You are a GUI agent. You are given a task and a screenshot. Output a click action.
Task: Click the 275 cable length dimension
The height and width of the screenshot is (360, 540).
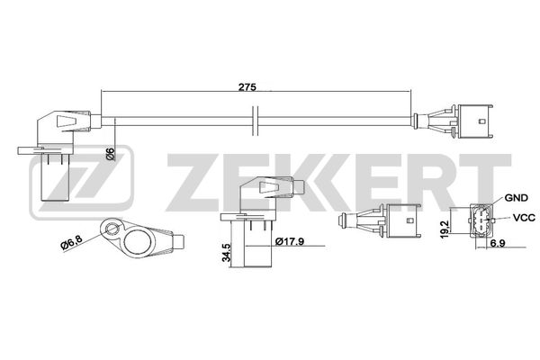(x=247, y=87)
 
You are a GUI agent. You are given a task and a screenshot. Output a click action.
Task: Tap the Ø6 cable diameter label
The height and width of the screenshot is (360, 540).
(x=110, y=153)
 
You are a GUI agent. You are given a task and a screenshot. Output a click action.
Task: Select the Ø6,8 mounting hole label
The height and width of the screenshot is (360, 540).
(x=72, y=244)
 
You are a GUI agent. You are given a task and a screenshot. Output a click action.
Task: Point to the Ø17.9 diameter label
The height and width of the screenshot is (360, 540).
(x=290, y=241)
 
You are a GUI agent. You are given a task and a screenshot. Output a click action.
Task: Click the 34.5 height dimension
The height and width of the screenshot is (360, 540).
(x=226, y=252)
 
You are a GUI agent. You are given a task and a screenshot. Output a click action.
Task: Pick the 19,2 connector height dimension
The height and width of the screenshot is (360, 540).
(x=445, y=229)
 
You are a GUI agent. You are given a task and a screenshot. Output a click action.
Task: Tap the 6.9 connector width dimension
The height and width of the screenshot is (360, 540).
(x=498, y=243)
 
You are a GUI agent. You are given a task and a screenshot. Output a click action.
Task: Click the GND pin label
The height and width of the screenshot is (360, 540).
(x=516, y=198)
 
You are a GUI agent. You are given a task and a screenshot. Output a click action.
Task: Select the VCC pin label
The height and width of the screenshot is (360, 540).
(x=524, y=218)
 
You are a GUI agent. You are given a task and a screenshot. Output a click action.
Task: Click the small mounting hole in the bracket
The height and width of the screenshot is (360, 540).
(x=112, y=228)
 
